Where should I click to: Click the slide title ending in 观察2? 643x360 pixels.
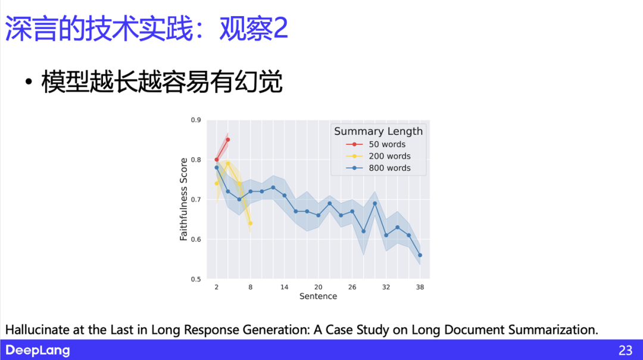[146, 29]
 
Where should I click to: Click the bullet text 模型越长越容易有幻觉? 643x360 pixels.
[161, 82]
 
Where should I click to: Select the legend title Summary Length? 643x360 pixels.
[378, 132]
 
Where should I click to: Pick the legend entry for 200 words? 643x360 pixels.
[389, 156]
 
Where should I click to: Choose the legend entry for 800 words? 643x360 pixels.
[389, 168]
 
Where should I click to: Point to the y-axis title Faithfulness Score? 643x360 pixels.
[184, 199]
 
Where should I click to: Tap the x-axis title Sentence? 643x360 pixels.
[318, 296]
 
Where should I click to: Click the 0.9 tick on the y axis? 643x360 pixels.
[196, 120]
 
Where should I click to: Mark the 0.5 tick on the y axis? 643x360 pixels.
[196, 279]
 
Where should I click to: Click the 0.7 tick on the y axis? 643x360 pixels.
[196, 200]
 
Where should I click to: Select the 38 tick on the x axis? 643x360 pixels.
[420, 287]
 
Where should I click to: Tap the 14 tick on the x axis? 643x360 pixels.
[285, 287]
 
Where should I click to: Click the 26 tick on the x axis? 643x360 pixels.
[352, 287]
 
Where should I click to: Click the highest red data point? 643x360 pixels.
[228, 140]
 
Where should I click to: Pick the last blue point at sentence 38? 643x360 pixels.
[420, 255]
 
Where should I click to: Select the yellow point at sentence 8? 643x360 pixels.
[250, 223]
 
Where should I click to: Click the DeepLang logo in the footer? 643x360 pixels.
[38, 350]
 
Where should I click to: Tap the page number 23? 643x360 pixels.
[625, 350]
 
